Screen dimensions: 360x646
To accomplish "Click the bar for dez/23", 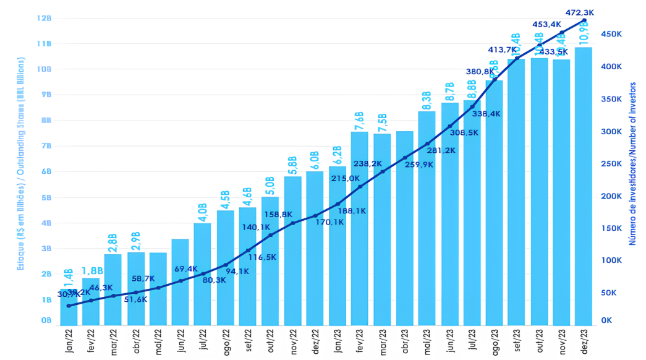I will [x=584, y=186].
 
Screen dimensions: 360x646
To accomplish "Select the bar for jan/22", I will [x=69, y=307].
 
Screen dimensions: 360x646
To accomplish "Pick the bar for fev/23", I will [x=360, y=228].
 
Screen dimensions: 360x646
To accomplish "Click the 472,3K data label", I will [x=580, y=12].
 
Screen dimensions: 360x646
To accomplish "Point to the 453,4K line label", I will [x=546, y=24].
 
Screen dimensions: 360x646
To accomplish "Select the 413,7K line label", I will [x=501, y=49].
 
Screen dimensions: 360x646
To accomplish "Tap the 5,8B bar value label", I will [x=292, y=166].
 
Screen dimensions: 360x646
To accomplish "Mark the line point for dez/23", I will [x=584, y=20].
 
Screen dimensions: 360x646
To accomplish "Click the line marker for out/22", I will [x=270, y=235].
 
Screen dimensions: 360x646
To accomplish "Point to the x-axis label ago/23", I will [x=495, y=341].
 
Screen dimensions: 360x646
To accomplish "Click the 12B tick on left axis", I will [x=44, y=18].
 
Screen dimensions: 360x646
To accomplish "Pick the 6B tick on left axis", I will [x=46, y=171].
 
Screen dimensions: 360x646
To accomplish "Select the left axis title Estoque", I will [x=20, y=164].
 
